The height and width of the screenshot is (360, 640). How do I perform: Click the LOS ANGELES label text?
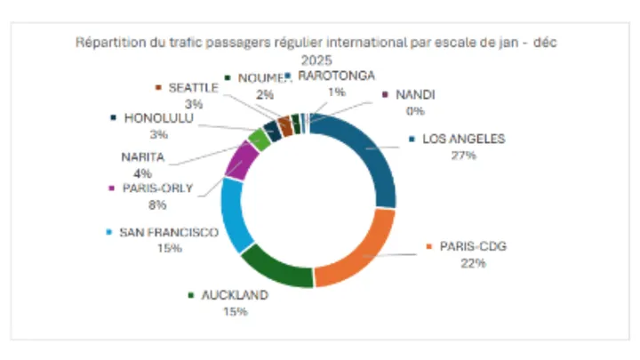click(463, 140)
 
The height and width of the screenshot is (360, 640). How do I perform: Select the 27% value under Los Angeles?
click(463, 155)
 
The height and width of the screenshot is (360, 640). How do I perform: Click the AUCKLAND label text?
click(235, 295)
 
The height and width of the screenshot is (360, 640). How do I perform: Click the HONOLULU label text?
click(160, 117)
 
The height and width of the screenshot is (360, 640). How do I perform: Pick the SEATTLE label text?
click(193, 88)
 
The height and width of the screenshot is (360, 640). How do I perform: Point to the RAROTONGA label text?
click(336, 76)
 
